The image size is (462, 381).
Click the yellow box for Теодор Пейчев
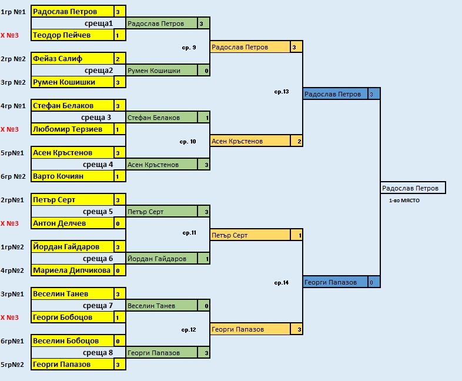tap(72, 35)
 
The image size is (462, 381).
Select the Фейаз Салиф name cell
tap(72, 59)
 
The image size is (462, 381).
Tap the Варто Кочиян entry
tap(72, 176)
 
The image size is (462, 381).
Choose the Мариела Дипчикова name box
tap(72, 270)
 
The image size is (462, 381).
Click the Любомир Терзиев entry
tap(72, 129)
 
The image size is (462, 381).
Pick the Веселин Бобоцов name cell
tap(72, 341)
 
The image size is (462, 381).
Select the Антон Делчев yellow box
tap(72, 223)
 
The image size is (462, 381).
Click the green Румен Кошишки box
tap(162, 71)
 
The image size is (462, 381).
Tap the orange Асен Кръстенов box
tap(250, 141)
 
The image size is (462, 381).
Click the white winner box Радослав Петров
tap(413, 188)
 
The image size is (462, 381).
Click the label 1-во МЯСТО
tap(404, 200)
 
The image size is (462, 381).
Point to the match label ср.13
tap(282, 92)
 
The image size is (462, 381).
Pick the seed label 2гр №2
tap(13, 59)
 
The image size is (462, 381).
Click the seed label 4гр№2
tap(13, 270)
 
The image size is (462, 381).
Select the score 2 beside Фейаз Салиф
tap(118, 59)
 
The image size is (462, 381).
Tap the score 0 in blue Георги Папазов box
tap(371, 282)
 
